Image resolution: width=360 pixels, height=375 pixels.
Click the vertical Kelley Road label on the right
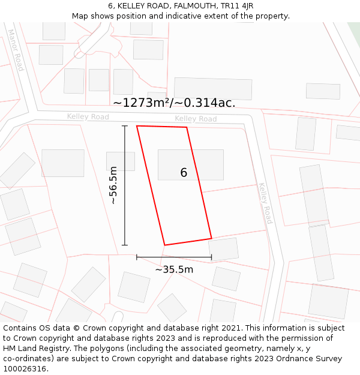pyautogui.click(x=265, y=203)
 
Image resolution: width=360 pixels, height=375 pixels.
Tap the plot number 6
pyautogui.click(x=184, y=173)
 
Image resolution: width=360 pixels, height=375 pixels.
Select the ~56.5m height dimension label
pyautogui.click(x=113, y=185)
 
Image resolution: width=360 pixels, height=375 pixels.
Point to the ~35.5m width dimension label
pyautogui.click(x=174, y=269)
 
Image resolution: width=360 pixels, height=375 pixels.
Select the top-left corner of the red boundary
pyautogui.click(x=137, y=126)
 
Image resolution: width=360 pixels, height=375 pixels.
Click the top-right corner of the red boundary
pyautogui.click(x=187, y=127)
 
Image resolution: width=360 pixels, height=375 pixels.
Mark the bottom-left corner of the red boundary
pyautogui.click(x=164, y=245)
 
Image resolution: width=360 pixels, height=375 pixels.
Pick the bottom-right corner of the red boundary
pyautogui.click(x=211, y=238)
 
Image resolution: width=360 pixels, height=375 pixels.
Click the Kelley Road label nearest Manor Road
pyautogui.click(x=88, y=116)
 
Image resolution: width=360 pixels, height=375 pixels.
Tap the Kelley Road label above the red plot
pyautogui.click(x=196, y=119)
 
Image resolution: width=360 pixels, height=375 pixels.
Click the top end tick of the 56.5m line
pyautogui.click(x=125, y=126)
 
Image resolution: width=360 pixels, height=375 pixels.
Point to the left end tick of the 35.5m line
pyautogui.click(x=137, y=257)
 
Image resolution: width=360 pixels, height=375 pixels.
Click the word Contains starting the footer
pyautogui.click(x=20, y=328)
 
